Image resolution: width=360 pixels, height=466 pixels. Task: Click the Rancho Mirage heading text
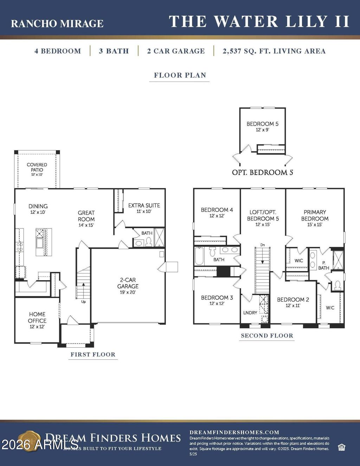(57, 24)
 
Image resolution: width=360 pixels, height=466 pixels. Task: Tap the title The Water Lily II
(259, 22)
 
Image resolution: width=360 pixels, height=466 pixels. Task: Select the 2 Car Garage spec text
(176, 51)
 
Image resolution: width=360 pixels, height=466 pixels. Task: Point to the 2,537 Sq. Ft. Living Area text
(274, 51)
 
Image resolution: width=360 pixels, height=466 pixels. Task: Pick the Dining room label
(38, 209)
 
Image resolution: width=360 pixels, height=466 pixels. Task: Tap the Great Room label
(86, 218)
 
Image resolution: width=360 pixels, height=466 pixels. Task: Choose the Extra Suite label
(144, 208)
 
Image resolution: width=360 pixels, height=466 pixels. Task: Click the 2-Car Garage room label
(128, 285)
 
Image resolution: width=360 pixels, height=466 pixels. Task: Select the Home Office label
(37, 320)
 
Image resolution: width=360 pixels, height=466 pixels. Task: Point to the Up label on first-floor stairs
(83, 302)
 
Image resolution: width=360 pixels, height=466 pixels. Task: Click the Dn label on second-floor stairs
(262, 245)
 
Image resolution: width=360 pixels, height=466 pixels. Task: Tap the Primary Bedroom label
(315, 218)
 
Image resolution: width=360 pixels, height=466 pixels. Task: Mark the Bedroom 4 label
(217, 212)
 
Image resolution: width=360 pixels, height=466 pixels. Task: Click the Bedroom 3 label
(217, 300)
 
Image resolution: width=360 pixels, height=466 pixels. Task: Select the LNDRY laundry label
(250, 312)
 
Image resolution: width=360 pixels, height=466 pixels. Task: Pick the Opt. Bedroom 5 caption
(262, 173)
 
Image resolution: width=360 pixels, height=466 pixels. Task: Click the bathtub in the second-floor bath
(199, 256)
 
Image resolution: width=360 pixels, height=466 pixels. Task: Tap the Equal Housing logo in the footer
(341, 447)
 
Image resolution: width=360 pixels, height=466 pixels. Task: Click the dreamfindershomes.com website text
(234, 432)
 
